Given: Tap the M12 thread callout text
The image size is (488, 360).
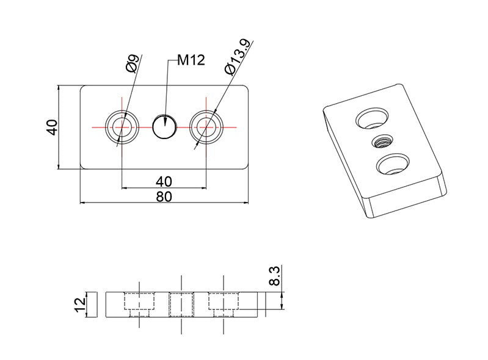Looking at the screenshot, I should click(x=191, y=60).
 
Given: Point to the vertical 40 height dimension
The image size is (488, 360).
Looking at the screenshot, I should click(x=52, y=128).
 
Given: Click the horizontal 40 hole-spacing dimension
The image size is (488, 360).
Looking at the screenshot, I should click(x=164, y=181).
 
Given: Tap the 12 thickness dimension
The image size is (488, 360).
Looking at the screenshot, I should click(x=79, y=304).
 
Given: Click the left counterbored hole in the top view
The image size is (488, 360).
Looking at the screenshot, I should click(x=122, y=127).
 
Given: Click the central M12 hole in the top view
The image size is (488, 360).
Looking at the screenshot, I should click(x=164, y=127).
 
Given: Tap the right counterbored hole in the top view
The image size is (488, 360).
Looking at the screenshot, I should click(x=206, y=127).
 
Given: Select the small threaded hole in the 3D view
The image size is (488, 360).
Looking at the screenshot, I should click(x=382, y=143).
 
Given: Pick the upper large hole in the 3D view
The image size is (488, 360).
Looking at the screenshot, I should click(x=371, y=118).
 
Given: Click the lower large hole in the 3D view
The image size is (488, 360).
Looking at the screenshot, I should click(x=393, y=165).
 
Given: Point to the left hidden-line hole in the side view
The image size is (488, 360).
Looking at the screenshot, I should click(x=140, y=304).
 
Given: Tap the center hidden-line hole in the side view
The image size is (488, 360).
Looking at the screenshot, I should click(x=182, y=304).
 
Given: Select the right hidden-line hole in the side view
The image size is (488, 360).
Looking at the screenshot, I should click(x=224, y=304).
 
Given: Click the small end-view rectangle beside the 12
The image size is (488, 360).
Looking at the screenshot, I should click(x=92, y=304).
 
